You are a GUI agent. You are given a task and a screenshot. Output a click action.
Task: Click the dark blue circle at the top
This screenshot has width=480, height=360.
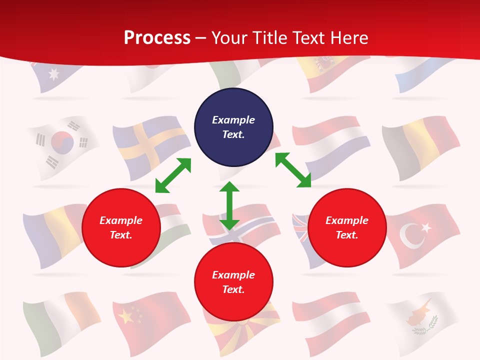click(233, 127)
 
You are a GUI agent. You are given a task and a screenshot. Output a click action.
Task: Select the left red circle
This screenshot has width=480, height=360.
click(121, 227)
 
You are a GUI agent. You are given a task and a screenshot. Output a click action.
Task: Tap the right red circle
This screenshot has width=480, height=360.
click(347, 227)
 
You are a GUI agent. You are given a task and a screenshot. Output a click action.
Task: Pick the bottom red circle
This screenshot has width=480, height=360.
click(233, 282)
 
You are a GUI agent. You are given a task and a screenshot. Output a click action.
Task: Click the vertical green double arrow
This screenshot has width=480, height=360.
click(229, 205)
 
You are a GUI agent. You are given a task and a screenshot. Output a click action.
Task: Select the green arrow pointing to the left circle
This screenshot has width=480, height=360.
click(173, 175)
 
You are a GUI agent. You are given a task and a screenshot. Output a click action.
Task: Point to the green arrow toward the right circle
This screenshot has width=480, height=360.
click(293, 170)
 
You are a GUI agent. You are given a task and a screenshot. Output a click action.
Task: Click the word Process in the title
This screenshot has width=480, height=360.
click(157, 37)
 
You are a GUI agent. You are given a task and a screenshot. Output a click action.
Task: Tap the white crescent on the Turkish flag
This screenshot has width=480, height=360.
click(412, 235)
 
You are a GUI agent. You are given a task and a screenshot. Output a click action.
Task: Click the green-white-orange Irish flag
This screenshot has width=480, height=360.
click(60, 320)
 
